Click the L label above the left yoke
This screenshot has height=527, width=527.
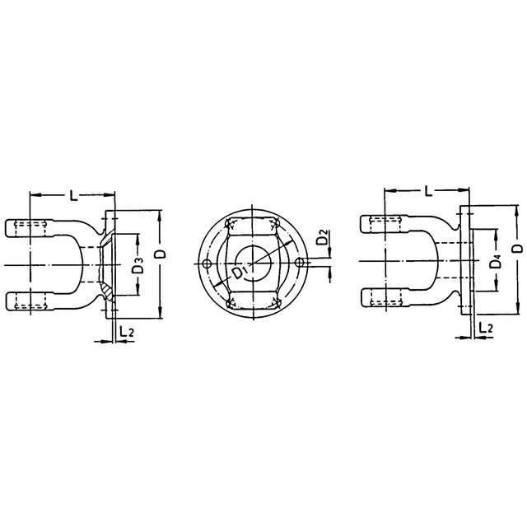73,195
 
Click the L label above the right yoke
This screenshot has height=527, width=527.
428,191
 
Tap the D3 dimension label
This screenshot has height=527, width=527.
138,265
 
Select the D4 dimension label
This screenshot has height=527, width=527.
496,262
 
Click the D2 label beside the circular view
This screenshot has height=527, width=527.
322,237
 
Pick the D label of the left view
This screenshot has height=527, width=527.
161,254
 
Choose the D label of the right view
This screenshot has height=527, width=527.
519,249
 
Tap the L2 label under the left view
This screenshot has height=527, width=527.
126,331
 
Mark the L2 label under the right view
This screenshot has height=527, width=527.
485,327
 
